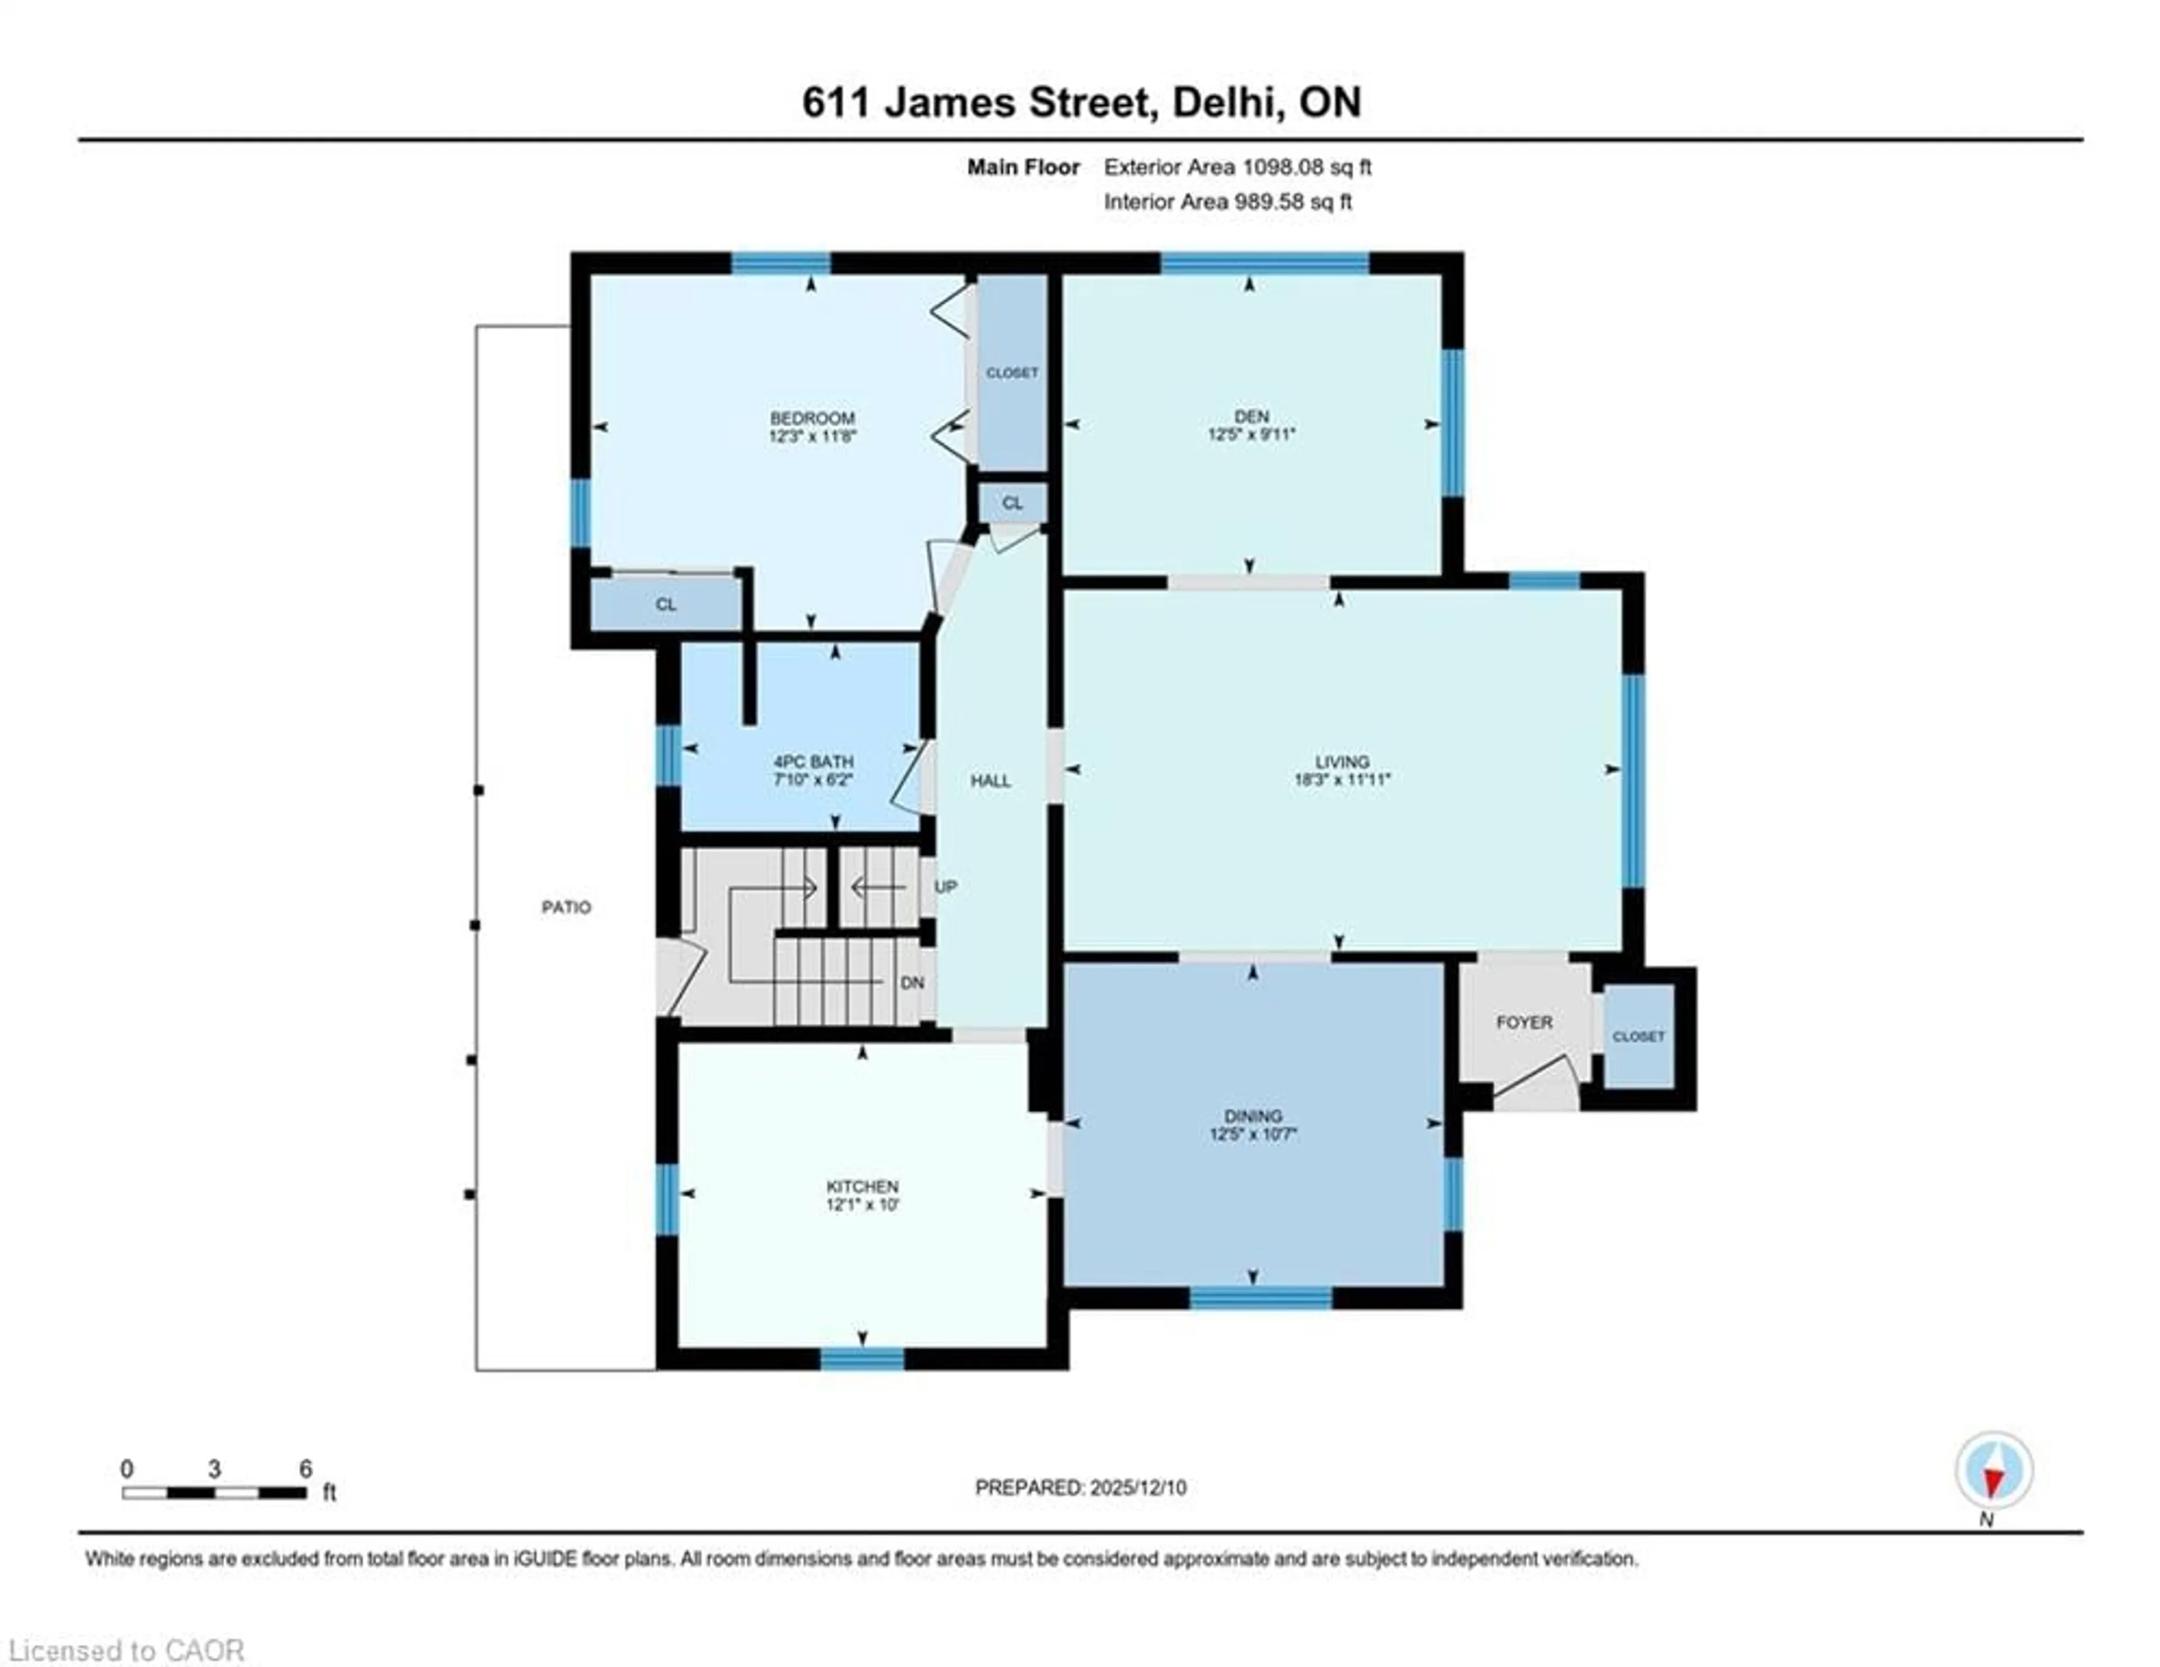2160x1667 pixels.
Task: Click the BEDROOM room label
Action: [812, 418]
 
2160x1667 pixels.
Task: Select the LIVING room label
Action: [1342, 762]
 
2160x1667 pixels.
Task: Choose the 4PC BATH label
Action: [813, 762]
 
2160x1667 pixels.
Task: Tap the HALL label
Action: [990, 780]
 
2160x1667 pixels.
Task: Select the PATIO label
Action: [566, 907]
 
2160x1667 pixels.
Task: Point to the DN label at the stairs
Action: [912, 983]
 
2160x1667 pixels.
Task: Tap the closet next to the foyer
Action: [1638, 1036]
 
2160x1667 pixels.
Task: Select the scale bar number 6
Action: [305, 1469]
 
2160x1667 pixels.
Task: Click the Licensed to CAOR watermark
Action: [125, 1650]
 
